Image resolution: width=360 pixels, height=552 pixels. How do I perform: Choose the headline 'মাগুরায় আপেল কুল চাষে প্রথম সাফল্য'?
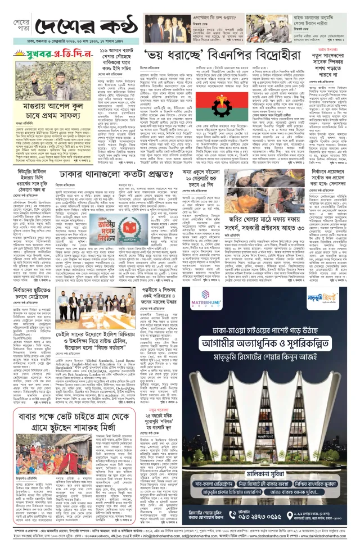pyautogui.click(x=44, y=109)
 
